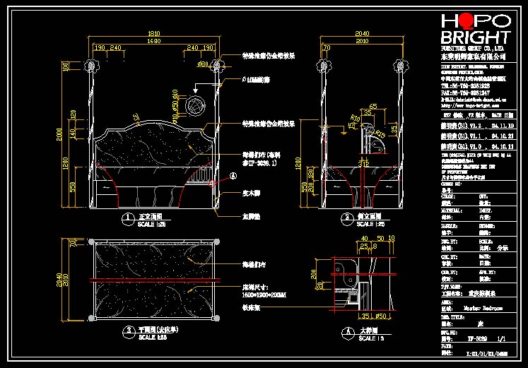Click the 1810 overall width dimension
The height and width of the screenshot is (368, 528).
(153, 33)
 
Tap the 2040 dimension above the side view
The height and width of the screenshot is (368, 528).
(361, 33)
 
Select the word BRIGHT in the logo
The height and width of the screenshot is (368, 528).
(476, 37)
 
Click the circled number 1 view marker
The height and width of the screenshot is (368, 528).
(127, 217)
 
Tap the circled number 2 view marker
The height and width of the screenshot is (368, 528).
(346, 217)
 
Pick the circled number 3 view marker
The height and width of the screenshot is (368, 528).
(127, 330)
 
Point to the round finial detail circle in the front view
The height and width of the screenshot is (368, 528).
(192, 107)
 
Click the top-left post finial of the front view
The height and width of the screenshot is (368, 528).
(90, 64)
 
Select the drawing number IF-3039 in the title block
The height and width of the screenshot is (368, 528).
(475, 338)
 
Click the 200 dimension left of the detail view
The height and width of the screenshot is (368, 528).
(312, 273)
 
